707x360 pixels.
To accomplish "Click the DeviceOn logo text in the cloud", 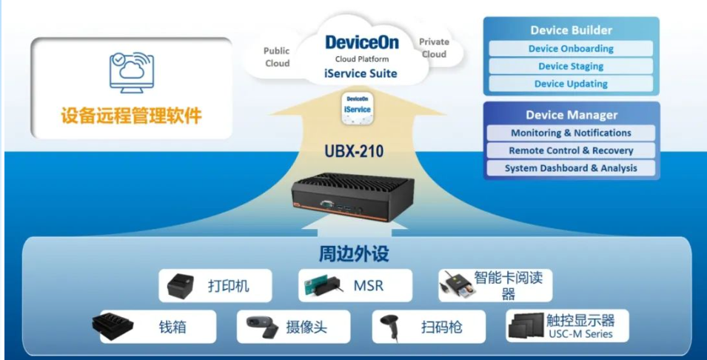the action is (x=361, y=42).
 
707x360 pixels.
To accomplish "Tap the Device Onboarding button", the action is (x=571, y=49).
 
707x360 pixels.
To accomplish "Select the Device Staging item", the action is (x=571, y=67).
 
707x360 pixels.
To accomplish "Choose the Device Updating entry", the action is (x=571, y=84).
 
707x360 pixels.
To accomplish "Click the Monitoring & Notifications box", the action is (x=571, y=133).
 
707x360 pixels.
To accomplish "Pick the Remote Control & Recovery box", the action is (x=571, y=150).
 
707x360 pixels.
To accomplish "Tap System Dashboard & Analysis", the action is (x=571, y=168).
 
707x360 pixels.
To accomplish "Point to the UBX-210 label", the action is (x=354, y=151).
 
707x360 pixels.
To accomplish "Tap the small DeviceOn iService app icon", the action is (x=358, y=108).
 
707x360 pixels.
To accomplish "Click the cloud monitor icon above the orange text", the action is (x=132, y=72).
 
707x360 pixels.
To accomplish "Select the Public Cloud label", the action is (x=277, y=57).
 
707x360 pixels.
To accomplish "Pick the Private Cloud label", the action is (x=434, y=48).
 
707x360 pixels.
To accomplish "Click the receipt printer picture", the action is (x=181, y=286).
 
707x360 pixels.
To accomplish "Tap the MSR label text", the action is (x=369, y=286).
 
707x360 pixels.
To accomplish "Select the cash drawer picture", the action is (x=113, y=326).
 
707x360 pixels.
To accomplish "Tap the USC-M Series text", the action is (x=580, y=334).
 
